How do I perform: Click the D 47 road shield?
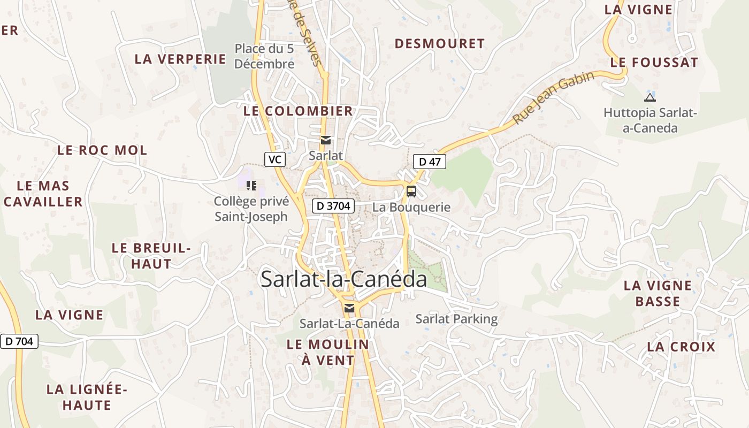coord(429,162)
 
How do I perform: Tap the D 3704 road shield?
coord(333,205)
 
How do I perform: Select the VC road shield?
coord(274,159)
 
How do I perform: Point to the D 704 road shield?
coord(19,341)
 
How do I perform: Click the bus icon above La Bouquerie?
coord(411,192)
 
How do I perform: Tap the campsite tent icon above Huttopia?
coord(650,97)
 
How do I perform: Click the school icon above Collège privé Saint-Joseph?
coord(251,186)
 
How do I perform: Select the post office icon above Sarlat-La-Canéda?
coord(349,308)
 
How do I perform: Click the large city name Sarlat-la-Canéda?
coord(344,279)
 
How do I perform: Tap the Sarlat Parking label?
coord(456,319)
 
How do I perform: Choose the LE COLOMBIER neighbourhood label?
coord(298,111)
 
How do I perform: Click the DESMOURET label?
coord(439,44)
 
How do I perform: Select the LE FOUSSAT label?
coord(654,63)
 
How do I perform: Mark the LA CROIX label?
coord(681,347)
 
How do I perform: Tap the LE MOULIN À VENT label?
coord(328,352)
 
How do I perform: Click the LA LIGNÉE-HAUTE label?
coord(87,397)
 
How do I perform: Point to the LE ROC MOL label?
coord(102,150)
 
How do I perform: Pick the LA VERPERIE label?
coord(180,59)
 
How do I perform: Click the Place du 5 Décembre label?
coord(264,56)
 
